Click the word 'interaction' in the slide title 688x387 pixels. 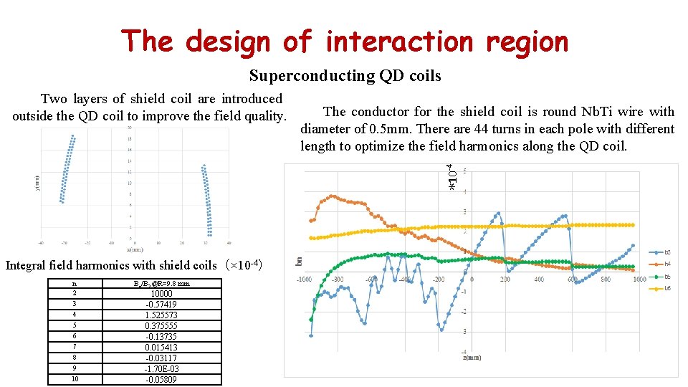point(399,42)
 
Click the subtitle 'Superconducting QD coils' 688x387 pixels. point(345,75)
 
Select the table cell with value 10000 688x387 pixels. point(161,293)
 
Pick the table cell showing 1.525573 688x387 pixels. point(161,315)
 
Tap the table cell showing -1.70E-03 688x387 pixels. point(161,369)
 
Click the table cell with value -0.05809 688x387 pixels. point(161,380)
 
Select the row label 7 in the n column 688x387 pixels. point(75,347)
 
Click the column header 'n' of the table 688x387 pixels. point(75,283)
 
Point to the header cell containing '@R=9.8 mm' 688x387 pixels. point(161,283)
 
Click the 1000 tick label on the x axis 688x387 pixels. point(639,279)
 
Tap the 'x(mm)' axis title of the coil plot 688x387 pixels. point(135,249)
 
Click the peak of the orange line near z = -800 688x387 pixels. point(331,196)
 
